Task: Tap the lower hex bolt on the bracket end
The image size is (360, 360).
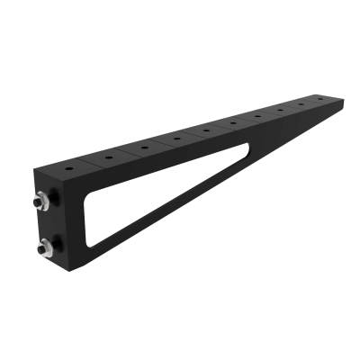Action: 43,247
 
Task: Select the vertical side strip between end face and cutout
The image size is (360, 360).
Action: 76,225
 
